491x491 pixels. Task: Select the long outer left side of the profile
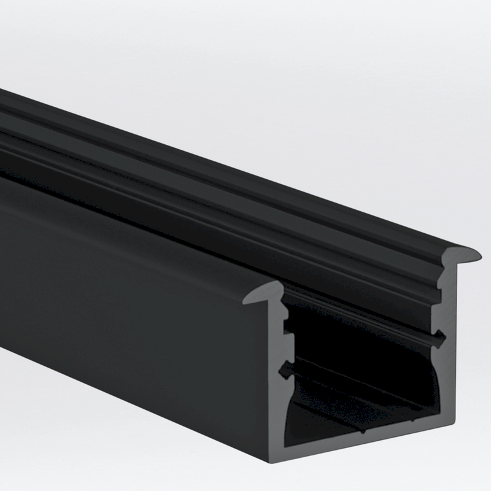point(123,307)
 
